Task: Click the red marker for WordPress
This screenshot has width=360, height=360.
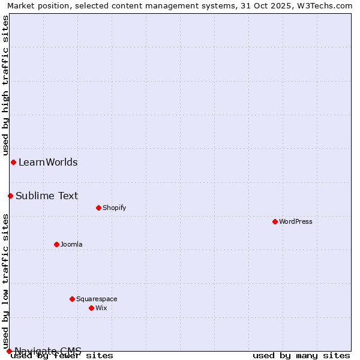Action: pyautogui.click(x=275, y=221)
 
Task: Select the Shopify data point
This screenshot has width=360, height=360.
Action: pyautogui.click(x=98, y=208)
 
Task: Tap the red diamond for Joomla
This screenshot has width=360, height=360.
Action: pyautogui.click(x=57, y=244)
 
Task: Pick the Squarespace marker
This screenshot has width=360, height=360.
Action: pyautogui.click(x=72, y=299)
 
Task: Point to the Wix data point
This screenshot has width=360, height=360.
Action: pyautogui.click(x=91, y=308)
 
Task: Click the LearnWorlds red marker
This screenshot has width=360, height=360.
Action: pyautogui.click(x=13, y=162)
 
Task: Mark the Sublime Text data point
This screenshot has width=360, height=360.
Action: pyautogui.click(x=10, y=196)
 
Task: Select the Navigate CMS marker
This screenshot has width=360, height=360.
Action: pyautogui.click(x=9, y=351)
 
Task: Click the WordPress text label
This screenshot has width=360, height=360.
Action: pyautogui.click(x=296, y=221)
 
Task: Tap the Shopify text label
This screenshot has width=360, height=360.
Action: pyautogui.click(x=114, y=208)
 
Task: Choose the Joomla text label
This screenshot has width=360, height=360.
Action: pyautogui.click(x=71, y=244)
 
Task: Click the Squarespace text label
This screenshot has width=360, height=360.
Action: pyautogui.click(x=97, y=299)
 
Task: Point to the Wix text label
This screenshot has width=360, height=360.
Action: pyautogui.click(x=101, y=308)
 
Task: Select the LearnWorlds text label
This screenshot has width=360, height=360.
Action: pyautogui.click(x=48, y=162)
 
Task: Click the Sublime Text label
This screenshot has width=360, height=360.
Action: pyautogui.click(x=47, y=196)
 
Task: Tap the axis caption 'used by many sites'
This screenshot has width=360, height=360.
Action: pyautogui.click(x=301, y=356)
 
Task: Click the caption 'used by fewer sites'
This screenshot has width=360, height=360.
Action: pyautogui.click(x=62, y=356)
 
